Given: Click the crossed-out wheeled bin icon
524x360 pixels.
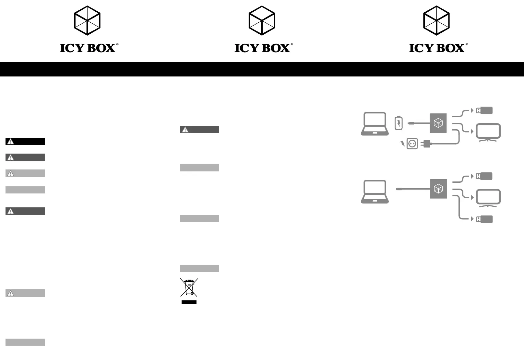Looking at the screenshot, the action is click(189, 287).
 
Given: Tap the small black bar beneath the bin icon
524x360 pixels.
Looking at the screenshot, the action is click(189, 302).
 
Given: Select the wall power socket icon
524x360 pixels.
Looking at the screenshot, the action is click(412, 144).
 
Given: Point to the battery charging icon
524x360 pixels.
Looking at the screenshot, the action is click(399, 123).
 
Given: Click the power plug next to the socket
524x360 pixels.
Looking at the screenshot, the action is click(426, 144).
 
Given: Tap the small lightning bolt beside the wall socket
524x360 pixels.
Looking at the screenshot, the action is click(403, 143).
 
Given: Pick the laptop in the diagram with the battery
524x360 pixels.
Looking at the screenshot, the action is click(375, 124).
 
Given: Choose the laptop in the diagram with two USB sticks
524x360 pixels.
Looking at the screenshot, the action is click(375, 192).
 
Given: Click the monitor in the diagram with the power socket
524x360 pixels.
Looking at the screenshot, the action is click(488, 132).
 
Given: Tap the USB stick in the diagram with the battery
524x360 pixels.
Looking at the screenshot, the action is click(484, 110).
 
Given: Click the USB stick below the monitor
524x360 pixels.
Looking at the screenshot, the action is click(484, 219).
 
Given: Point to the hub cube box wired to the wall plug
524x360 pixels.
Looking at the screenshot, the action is click(438, 123).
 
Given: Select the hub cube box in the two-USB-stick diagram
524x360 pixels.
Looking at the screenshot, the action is click(438, 189).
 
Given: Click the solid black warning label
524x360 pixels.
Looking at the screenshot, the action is click(25, 141).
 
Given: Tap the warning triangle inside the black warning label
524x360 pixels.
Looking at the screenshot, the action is click(11, 141).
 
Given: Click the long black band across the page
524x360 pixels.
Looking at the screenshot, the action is click(262, 69).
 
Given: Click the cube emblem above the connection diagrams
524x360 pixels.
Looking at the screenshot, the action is click(436, 21).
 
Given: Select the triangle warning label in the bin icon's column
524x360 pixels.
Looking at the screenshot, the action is click(199, 130).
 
